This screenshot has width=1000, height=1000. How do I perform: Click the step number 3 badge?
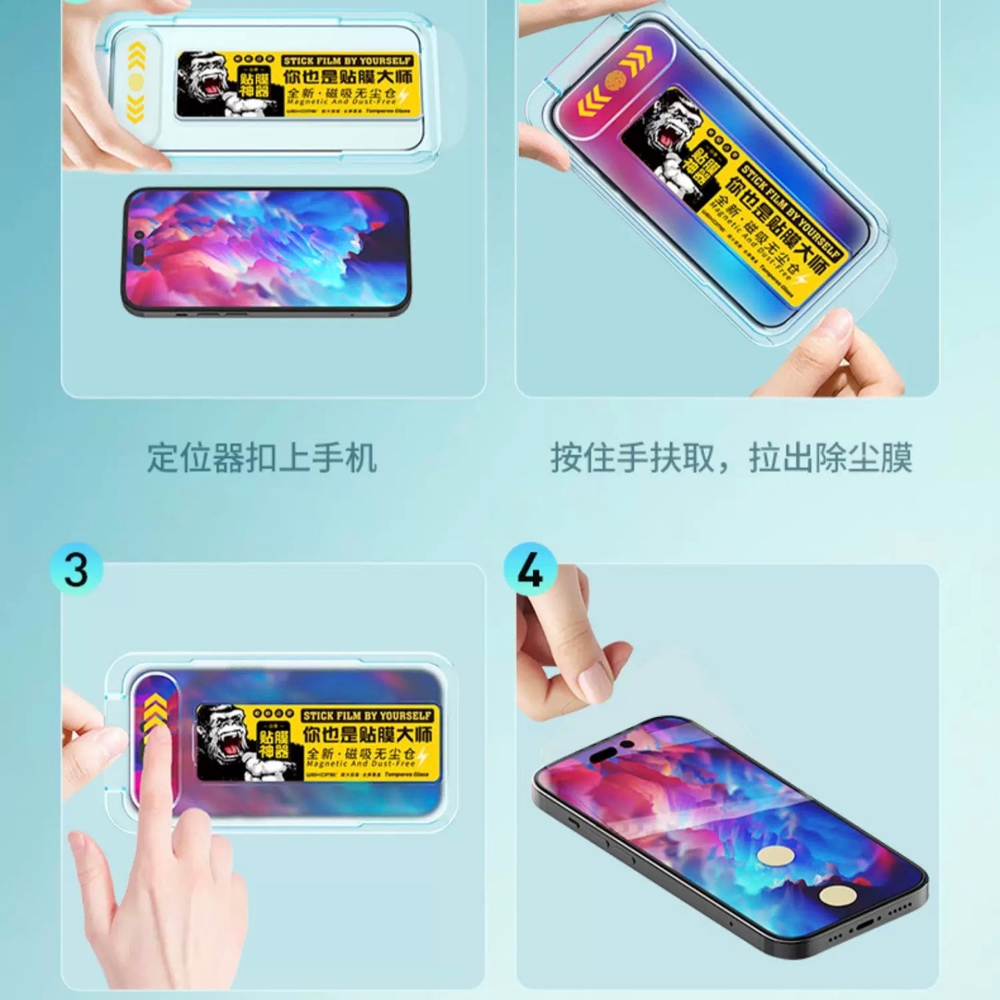pyautogui.click(x=75, y=570)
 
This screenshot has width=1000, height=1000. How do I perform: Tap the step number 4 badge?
pyautogui.click(x=529, y=570)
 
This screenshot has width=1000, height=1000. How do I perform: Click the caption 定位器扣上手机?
pyautogui.click(x=262, y=458)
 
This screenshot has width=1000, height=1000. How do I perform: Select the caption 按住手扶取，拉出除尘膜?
pyautogui.click(x=731, y=458)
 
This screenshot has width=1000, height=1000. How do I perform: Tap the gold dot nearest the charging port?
pyautogui.click(x=838, y=896)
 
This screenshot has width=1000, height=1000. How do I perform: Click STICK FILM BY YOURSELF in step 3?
pyautogui.click(x=367, y=715)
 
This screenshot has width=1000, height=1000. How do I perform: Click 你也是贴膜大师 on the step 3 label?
pyautogui.click(x=367, y=734)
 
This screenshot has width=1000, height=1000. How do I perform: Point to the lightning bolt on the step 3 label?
pyautogui.click(x=422, y=756)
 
